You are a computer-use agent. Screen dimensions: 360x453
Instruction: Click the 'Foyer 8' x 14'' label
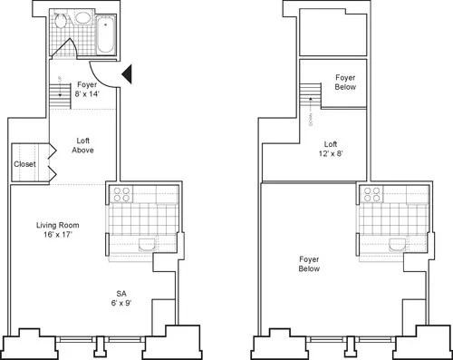pyautogui.click(x=87, y=88)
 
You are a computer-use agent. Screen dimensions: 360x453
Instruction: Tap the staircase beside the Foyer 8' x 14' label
pyautogui.click(x=59, y=89)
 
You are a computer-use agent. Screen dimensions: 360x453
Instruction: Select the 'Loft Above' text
pyautogui.click(x=83, y=144)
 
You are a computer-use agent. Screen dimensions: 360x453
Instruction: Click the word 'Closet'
pyautogui.click(x=24, y=164)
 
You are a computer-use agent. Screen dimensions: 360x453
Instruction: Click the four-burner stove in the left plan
pyautogui.click(x=120, y=193)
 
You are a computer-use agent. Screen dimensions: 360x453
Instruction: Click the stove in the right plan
pyautogui.click(x=371, y=193)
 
